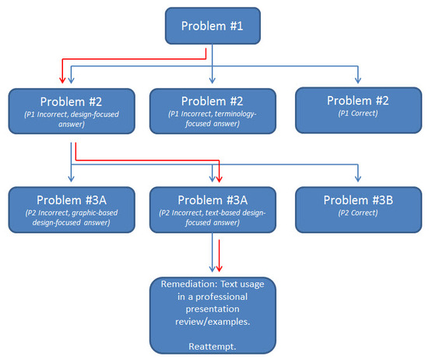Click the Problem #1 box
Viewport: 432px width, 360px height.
(212, 26)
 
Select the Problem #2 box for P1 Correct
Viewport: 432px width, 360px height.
(358, 111)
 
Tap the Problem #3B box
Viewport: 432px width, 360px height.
(358, 210)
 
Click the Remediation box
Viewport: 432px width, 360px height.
(212, 316)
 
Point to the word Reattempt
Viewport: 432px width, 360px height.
(212, 346)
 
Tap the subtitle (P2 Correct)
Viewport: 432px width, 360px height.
(358, 213)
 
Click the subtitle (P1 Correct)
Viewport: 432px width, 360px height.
(358, 114)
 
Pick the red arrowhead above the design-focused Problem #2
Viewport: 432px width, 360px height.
(62, 79)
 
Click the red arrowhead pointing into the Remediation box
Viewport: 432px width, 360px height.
(219, 268)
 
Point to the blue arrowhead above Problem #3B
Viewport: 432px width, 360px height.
(358, 178)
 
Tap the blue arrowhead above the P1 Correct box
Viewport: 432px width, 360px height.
(358, 79)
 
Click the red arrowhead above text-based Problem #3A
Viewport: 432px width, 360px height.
(219, 178)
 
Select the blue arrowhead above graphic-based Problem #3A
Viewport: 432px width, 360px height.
(71, 178)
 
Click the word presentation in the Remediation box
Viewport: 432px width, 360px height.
(212, 309)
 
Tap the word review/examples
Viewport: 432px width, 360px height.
(212, 322)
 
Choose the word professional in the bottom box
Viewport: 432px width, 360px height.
(222, 297)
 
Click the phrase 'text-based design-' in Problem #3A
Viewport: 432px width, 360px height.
(236, 213)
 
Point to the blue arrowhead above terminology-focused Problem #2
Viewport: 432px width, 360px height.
(212, 79)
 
